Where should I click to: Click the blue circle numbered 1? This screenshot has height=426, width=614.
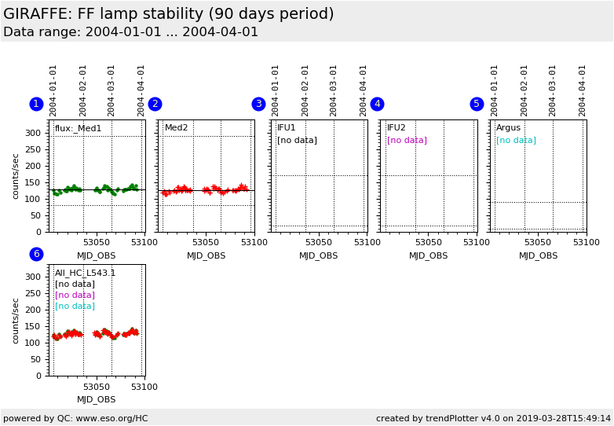coord(36,104)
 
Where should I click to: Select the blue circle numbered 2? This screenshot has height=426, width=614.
coord(155,104)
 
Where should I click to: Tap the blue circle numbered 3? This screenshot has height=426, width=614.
coord(258,104)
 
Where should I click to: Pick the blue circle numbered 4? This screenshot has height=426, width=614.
coord(377,104)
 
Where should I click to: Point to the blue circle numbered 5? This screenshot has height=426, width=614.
coord(477,104)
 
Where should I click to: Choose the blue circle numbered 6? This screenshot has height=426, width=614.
coord(36,254)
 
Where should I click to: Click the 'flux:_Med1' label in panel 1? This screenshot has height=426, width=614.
coord(78,128)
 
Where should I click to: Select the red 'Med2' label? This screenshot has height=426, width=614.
coord(176,128)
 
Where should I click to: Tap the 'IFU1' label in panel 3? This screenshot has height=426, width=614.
coord(287,128)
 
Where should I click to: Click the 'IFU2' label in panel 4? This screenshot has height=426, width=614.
coord(397,128)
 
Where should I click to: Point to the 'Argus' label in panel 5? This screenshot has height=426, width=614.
coord(508,128)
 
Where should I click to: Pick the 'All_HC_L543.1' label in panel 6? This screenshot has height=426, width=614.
coord(85,274)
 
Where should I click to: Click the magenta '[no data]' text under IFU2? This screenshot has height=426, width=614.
coord(407,141)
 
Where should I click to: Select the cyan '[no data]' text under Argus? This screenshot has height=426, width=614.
coord(516,141)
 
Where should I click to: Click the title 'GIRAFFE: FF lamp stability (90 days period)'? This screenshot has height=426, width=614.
coord(169,14)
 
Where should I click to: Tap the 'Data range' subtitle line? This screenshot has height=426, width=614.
coord(130,32)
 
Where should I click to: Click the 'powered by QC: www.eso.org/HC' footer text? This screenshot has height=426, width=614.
coord(75,418)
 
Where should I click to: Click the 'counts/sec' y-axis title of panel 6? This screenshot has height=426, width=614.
coord(16,320)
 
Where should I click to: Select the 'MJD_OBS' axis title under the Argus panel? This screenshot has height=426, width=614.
coord(538,255)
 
